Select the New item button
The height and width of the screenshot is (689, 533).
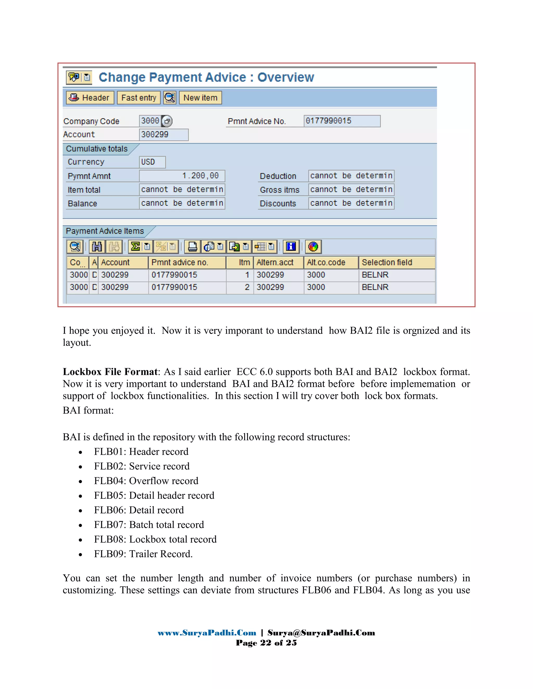[x=200, y=98]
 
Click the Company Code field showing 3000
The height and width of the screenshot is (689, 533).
[x=150, y=121]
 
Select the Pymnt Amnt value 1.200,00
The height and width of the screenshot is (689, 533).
[x=182, y=176]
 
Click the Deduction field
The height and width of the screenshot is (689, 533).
[x=351, y=176]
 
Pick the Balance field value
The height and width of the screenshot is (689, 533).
[x=182, y=203]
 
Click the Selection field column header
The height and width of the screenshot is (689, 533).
[x=396, y=263]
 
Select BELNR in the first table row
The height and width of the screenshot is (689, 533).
[x=375, y=275]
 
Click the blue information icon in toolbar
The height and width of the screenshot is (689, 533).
[x=291, y=246]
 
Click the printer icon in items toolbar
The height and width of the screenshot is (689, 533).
[x=192, y=246]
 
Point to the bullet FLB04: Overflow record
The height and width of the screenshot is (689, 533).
[x=146, y=481]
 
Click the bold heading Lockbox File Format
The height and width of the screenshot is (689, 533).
[x=110, y=372]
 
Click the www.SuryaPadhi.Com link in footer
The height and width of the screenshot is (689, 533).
[x=207, y=633]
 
